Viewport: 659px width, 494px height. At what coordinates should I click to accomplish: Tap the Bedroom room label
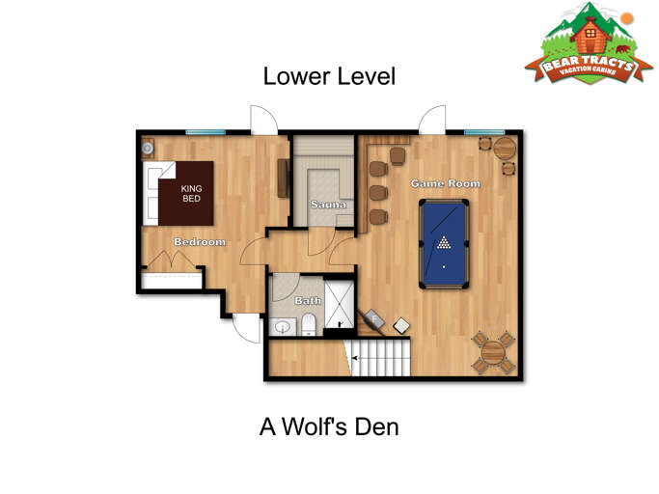pos(200,241)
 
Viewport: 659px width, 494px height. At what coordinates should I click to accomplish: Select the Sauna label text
pos(327,205)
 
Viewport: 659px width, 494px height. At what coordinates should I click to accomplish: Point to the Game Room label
pos(445,183)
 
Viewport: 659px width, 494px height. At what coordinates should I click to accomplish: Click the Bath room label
pos(308,301)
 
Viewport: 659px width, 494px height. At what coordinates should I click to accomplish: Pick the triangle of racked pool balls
pos(443,242)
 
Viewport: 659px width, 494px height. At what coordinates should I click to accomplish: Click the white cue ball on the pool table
pos(444,266)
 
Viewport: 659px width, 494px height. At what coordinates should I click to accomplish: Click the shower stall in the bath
pos(340,303)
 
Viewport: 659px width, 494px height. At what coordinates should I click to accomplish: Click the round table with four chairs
pos(493,351)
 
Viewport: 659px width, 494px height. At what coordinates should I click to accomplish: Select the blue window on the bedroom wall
pos(206,131)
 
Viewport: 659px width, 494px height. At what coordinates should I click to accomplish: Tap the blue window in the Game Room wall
pos(483,132)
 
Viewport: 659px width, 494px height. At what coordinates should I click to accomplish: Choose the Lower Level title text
pos(329,76)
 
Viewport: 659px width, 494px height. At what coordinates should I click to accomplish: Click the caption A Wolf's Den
pos(328,425)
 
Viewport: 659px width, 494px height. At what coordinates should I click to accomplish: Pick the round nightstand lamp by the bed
pos(148,149)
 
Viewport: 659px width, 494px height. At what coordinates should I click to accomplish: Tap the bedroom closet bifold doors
pos(171,261)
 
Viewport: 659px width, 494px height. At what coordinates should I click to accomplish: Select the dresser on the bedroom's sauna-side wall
pos(283,178)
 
